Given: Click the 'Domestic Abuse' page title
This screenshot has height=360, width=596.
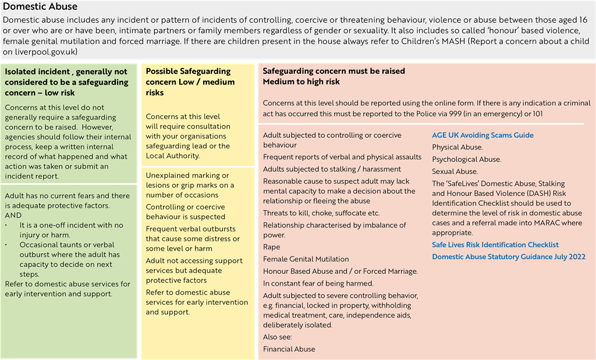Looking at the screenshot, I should point(40,7).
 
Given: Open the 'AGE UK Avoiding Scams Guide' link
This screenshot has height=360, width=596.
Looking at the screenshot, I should point(483,135).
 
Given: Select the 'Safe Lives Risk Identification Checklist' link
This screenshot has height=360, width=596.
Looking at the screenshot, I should point(495,245).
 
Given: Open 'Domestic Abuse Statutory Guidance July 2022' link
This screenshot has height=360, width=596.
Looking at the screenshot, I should point(508,256).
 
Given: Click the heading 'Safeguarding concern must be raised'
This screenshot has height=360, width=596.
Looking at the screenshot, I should point(334,71).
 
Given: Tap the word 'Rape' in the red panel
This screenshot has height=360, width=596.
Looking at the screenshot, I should point(271,247).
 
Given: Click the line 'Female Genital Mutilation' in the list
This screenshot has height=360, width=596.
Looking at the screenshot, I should point(306,259).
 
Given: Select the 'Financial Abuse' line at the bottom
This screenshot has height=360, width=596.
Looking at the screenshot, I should point(289,349).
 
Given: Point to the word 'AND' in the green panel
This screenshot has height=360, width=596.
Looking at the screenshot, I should point(13,215).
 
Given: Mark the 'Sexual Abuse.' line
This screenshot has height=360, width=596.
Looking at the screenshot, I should point(455,172).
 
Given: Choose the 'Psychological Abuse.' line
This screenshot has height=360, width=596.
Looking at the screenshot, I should point(466,159).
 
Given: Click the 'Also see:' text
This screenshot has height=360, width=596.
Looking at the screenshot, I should point(277,337).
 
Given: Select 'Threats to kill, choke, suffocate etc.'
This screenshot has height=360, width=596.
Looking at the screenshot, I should point(321,213).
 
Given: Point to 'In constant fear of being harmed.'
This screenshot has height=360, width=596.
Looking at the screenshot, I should point(318,283).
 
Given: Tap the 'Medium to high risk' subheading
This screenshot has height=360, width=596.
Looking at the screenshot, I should point(301,82).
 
